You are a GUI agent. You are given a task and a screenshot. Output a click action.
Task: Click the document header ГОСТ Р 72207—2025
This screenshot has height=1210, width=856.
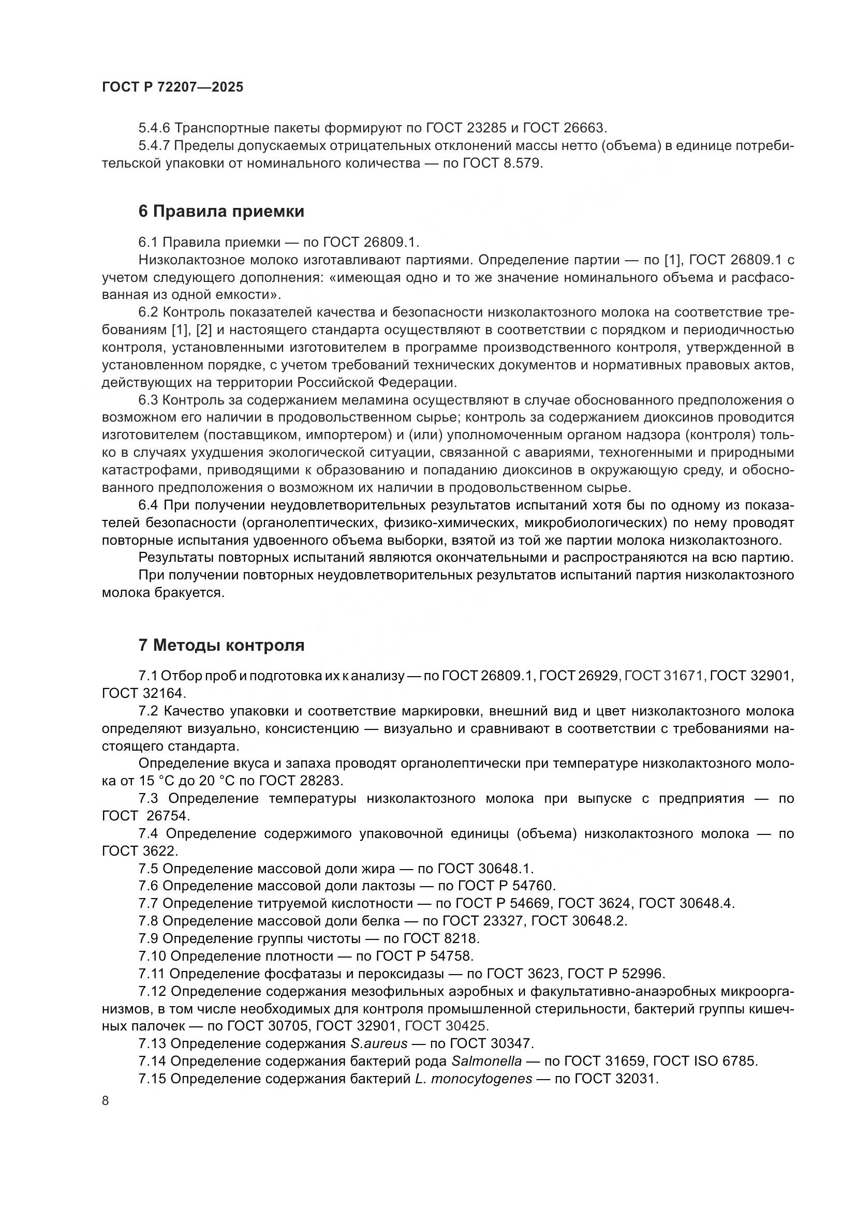172,87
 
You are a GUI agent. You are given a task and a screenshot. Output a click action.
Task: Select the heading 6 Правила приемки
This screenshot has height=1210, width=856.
222,212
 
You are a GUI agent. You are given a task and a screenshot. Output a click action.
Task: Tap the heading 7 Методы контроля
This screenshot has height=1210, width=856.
222,645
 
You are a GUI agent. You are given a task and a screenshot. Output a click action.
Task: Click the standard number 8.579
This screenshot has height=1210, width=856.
522,163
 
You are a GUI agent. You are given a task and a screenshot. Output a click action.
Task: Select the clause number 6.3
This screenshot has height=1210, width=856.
148,400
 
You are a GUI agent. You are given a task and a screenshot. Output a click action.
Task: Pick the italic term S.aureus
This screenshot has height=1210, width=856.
379,1043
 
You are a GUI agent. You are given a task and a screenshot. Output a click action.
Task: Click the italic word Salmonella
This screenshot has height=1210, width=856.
487,1061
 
